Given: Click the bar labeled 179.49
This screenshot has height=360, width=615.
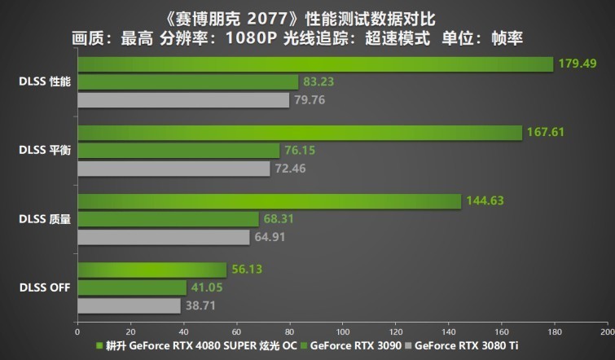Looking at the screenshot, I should click(314, 64).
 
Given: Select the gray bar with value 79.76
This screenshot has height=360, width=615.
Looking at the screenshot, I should click(183, 100).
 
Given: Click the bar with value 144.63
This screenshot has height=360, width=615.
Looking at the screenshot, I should click(269, 201).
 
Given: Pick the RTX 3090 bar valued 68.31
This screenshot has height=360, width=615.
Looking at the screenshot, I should click(168, 219).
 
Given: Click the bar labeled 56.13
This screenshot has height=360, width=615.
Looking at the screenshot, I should click(152, 270).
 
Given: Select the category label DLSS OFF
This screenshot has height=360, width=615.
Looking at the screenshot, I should click(45, 288).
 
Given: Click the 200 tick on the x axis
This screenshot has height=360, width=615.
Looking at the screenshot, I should click(605, 331).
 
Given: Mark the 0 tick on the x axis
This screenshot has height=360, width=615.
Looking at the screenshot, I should click(77, 331).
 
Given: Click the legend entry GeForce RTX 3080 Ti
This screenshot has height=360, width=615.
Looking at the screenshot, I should click(462, 345).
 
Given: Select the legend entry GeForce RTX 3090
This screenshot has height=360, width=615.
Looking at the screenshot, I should click(354, 345).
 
